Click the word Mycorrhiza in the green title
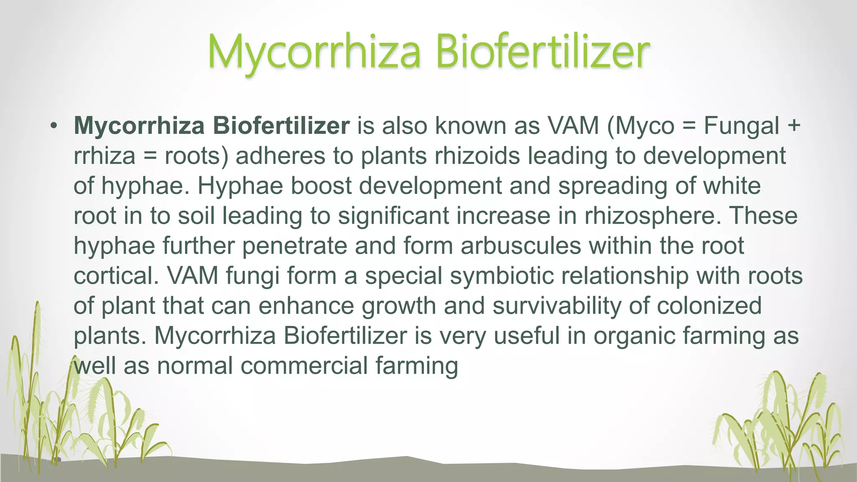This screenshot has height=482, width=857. point(314,53)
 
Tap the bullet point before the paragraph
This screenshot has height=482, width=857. point(53,126)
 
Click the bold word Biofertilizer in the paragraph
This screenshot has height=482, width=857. point(281,126)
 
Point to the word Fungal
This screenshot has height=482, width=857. point(742,126)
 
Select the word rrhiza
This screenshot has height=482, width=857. point(104,156)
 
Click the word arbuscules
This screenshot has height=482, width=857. point(521,246)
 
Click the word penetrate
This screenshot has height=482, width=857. point(295,246)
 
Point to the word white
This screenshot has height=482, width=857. point(732,186)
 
